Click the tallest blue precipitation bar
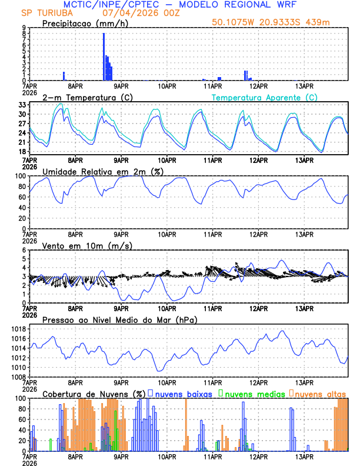(x=104, y=56)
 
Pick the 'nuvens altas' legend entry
(x=317, y=393)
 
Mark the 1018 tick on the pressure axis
(x=18, y=329)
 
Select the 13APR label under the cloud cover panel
(x=304, y=457)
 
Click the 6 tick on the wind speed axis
(x=24, y=250)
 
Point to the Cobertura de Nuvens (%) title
(x=94, y=393)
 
